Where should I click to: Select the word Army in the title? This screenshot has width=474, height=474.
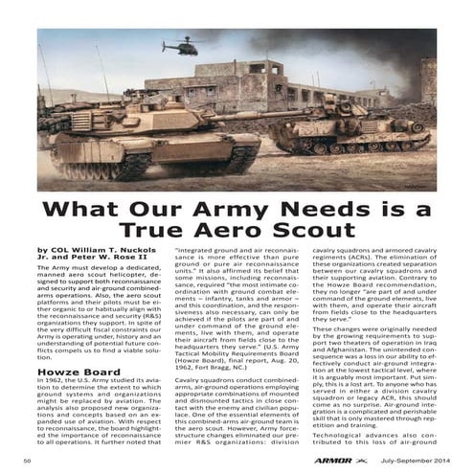(x=232, y=209)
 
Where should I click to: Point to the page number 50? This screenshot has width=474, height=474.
(x=29, y=462)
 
